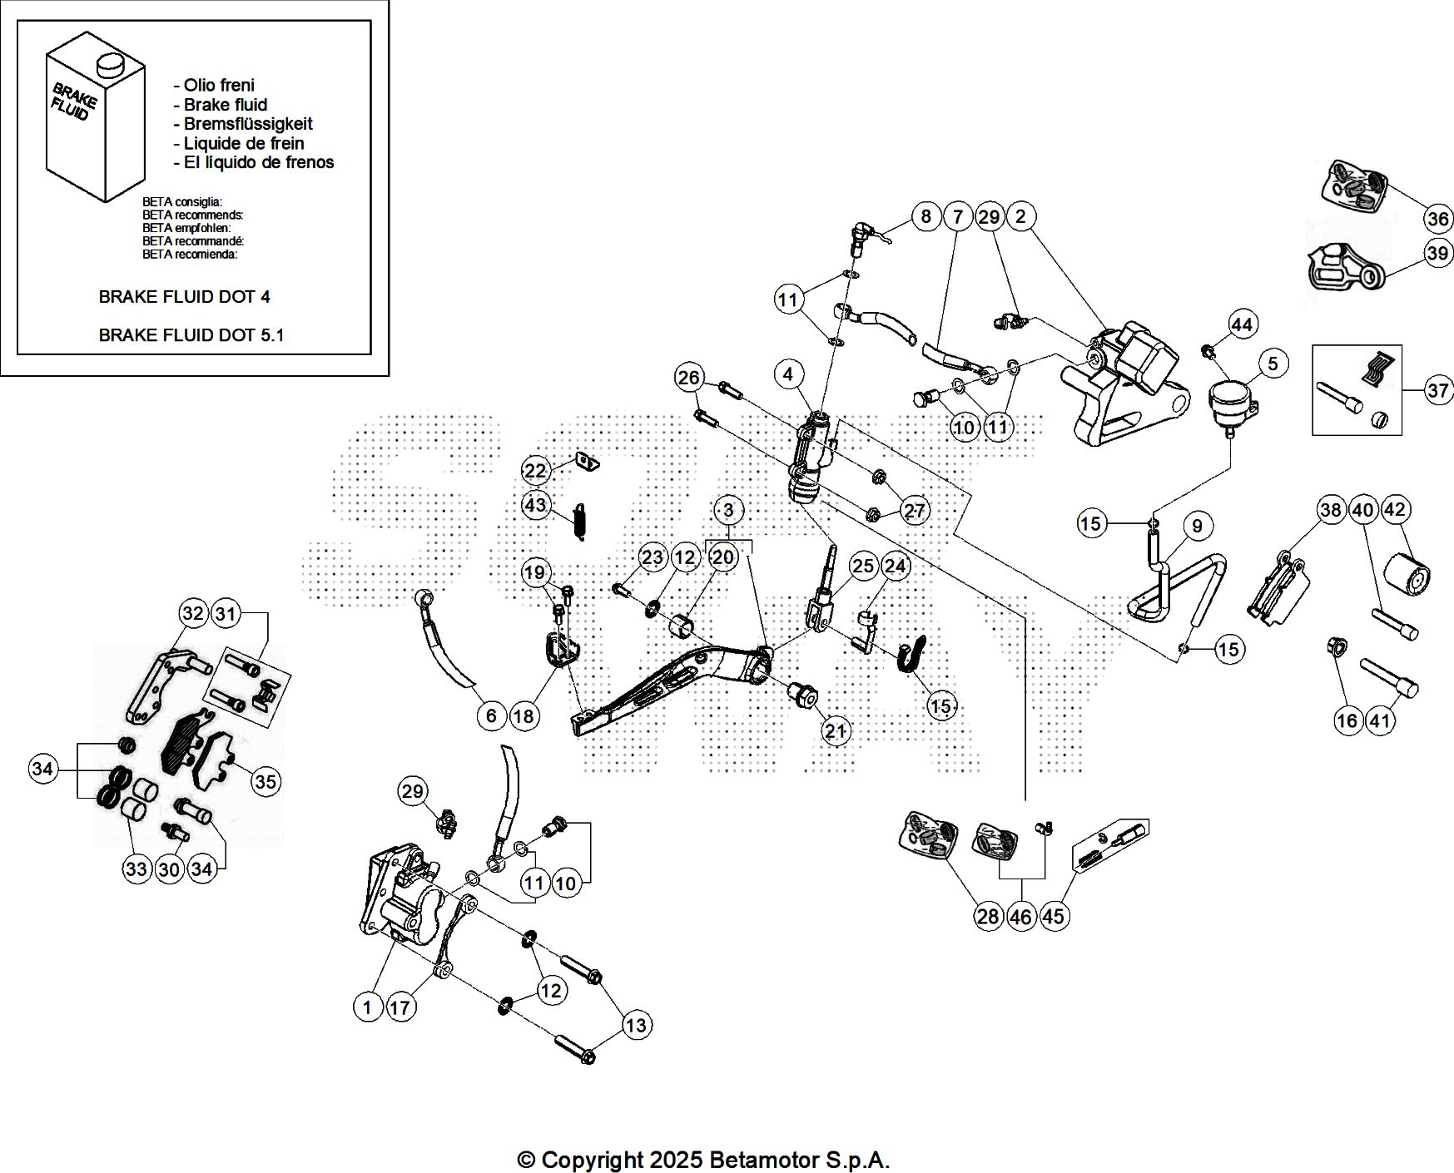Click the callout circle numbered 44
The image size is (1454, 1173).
1241,324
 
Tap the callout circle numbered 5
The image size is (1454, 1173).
1273,364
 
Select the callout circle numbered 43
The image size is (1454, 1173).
535,504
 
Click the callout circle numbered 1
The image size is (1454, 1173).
367,1007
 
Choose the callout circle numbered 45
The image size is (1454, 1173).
1053,916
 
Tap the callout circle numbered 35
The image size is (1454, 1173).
265,781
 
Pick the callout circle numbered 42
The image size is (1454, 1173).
1394,509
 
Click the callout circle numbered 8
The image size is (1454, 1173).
925,217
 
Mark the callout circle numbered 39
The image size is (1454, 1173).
1437,253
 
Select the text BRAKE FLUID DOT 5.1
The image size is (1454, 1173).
191,335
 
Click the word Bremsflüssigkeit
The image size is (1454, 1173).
247,124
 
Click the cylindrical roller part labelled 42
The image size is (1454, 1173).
1407,574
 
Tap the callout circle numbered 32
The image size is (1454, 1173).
192,614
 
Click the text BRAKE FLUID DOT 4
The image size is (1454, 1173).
184,297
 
